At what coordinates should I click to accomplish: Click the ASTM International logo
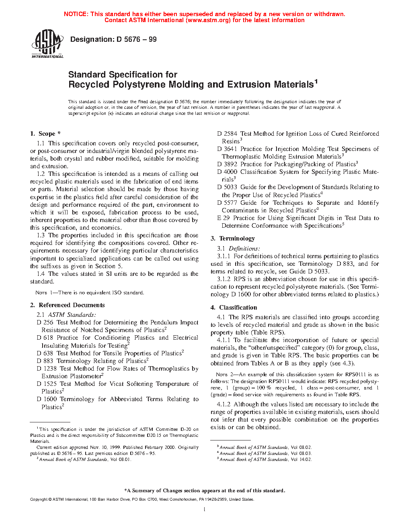coord(47,45)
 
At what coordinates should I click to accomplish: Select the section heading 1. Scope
coord(45,134)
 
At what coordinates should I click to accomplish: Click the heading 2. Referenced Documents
coord(67,305)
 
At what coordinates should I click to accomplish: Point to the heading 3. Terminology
coord(233,238)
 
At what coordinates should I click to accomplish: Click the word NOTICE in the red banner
coord(76,14)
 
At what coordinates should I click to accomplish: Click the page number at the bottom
coord(205,510)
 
